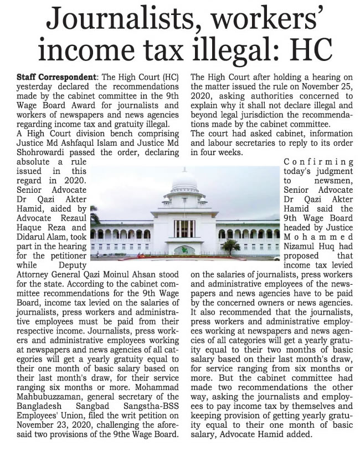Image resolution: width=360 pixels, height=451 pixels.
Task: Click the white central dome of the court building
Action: [x=184, y=180]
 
